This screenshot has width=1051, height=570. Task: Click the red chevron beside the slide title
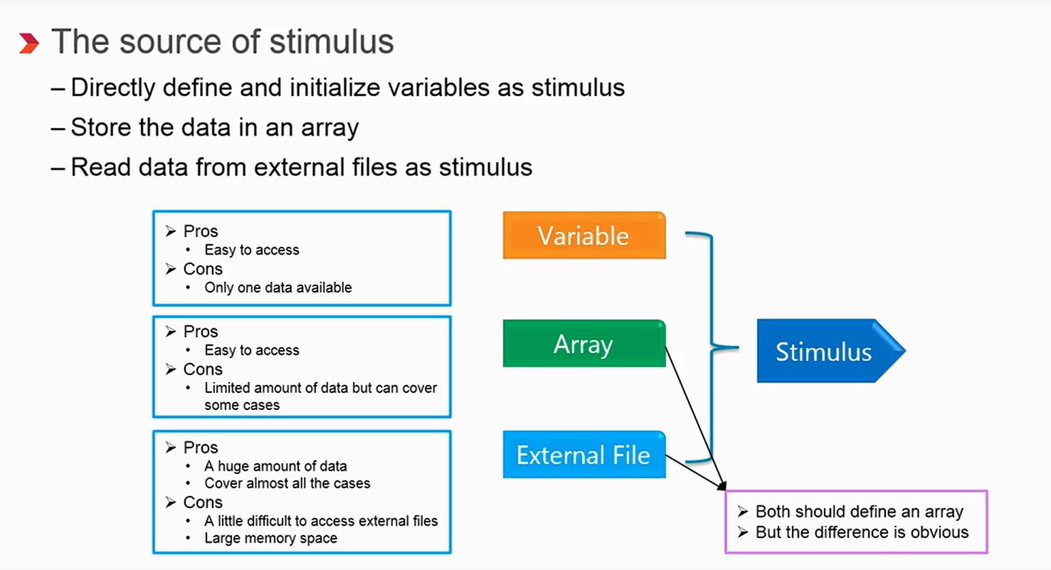click(28, 43)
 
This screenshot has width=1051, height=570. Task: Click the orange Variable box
click(583, 236)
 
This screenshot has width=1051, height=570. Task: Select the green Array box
click(583, 344)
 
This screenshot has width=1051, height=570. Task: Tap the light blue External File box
click(583, 455)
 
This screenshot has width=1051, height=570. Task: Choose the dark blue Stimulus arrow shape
click(825, 352)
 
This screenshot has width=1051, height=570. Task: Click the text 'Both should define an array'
click(859, 512)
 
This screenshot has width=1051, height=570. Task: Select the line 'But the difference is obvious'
click(862, 532)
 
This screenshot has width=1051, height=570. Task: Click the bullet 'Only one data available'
click(278, 287)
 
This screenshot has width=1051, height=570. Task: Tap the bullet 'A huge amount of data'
click(275, 466)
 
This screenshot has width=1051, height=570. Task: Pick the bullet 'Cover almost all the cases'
click(287, 483)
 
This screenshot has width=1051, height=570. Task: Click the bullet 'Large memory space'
click(270, 538)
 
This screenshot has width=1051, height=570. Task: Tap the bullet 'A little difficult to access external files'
click(321, 521)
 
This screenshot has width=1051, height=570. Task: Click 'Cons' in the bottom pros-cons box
click(203, 502)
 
